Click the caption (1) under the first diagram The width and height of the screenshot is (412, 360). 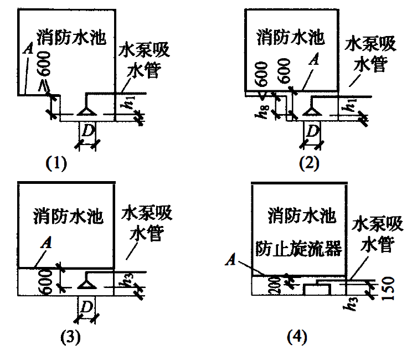tap(56, 164)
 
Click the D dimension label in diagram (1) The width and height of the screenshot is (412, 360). tap(88, 131)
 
